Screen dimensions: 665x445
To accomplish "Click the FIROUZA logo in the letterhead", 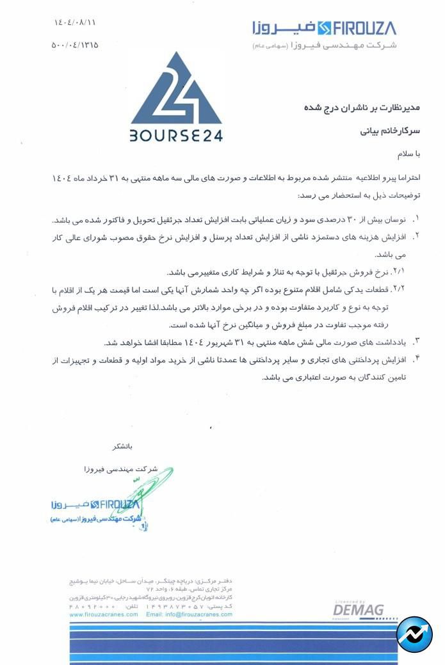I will [323, 28].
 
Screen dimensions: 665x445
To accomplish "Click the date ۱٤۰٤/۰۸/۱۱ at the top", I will [76, 23].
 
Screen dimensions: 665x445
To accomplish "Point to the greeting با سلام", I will [402, 155].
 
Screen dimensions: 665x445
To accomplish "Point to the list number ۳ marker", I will [417, 341].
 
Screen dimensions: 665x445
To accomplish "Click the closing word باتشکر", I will [122, 445].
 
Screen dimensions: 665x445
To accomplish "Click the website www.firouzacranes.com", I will [104, 614].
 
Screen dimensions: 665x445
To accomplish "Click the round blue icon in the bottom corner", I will [414, 634].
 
